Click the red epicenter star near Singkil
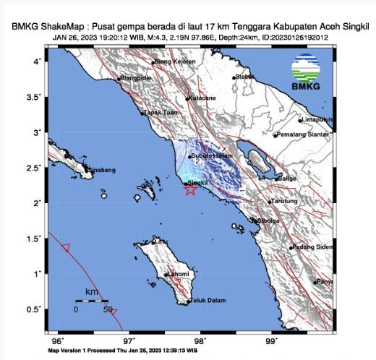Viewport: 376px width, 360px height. click(189, 191)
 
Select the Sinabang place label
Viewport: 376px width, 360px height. click(101, 170)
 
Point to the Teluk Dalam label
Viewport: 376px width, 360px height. click(208, 303)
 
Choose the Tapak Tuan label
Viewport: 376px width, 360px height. click(159, 113)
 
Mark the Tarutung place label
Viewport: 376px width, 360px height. click(283, 202)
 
